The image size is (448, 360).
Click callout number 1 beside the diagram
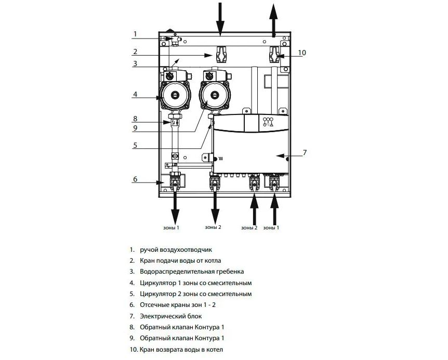135,34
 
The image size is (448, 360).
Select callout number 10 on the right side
302,53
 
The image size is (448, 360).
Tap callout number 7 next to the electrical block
305,152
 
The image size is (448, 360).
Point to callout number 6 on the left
135,179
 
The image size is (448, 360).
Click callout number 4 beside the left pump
135,94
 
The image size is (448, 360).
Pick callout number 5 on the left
135,145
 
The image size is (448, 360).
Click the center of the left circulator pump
174,95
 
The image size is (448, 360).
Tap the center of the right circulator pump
214,95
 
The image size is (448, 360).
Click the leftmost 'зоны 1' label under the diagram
171,228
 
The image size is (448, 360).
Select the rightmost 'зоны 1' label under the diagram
271,228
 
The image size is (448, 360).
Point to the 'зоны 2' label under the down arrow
213,227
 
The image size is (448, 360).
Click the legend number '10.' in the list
134,350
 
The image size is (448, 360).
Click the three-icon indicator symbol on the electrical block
268,122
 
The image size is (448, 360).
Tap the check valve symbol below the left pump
175,123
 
